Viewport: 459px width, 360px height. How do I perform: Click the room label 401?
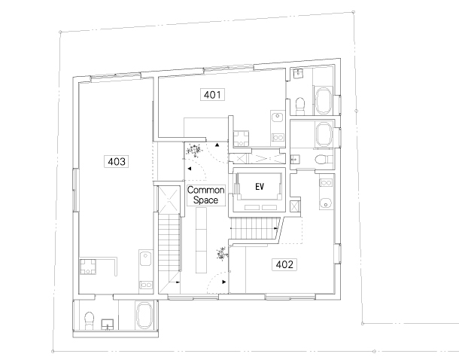click(x=212, y=95)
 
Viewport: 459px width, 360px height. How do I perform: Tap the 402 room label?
click(x=284, y=264)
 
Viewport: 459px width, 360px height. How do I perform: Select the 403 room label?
click(x=117, y=161)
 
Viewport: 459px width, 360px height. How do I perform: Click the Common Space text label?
click(x=205, y=195)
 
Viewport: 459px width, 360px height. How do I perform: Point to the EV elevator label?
click(x=260, y=187)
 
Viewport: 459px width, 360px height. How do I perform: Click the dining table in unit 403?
click(x=88, y=267)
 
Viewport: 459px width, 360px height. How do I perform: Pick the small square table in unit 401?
click(x=241, y=139)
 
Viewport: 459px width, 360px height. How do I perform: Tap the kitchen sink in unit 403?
click(x=145, y=258)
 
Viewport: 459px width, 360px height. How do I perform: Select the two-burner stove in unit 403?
click(x=146, y=285)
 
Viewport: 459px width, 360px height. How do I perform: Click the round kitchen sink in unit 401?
click(x=278, y=117)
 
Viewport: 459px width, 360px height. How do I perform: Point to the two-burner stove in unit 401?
click(x=278, y=137)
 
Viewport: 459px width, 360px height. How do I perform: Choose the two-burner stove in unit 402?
click(x=326, y=183)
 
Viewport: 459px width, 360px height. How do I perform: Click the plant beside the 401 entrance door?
click(x=194, y=151)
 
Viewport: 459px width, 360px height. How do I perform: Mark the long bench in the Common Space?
click(x=201, y=240)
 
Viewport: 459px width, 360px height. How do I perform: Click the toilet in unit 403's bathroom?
click(x=89, y=320)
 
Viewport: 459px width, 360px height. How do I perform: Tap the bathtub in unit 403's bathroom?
click(x=144, y=315)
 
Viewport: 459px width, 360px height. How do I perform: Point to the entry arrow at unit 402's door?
click(x=224, y=282)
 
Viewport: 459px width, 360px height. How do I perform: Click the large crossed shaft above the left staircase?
click(x=169, y=200)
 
